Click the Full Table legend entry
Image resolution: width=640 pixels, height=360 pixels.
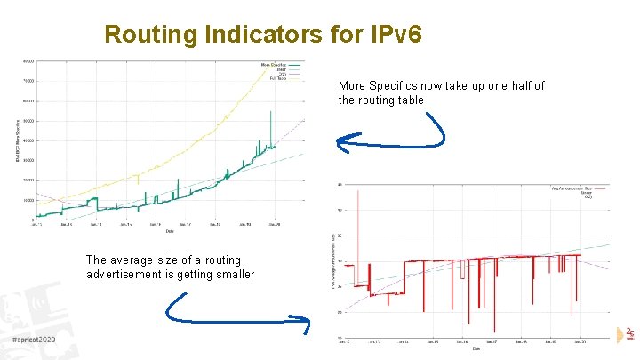(x=278, y=79)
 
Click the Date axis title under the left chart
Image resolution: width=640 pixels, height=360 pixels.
(x=168, y=231)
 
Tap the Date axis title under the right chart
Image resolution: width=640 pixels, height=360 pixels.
(x=478, y=348)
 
